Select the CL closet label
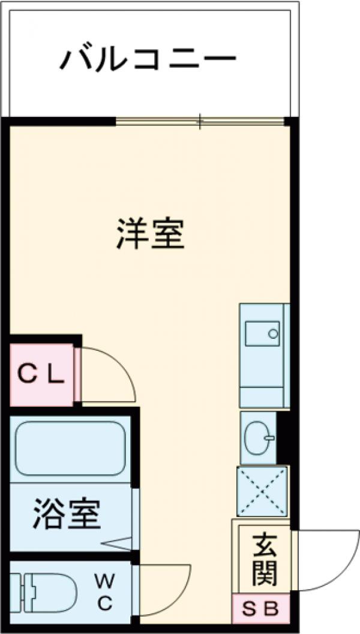point(40,375)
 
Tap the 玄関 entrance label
point(264,560)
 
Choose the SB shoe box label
point(261,609)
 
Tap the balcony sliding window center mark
point(200,122)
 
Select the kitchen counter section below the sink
point(262,396)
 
